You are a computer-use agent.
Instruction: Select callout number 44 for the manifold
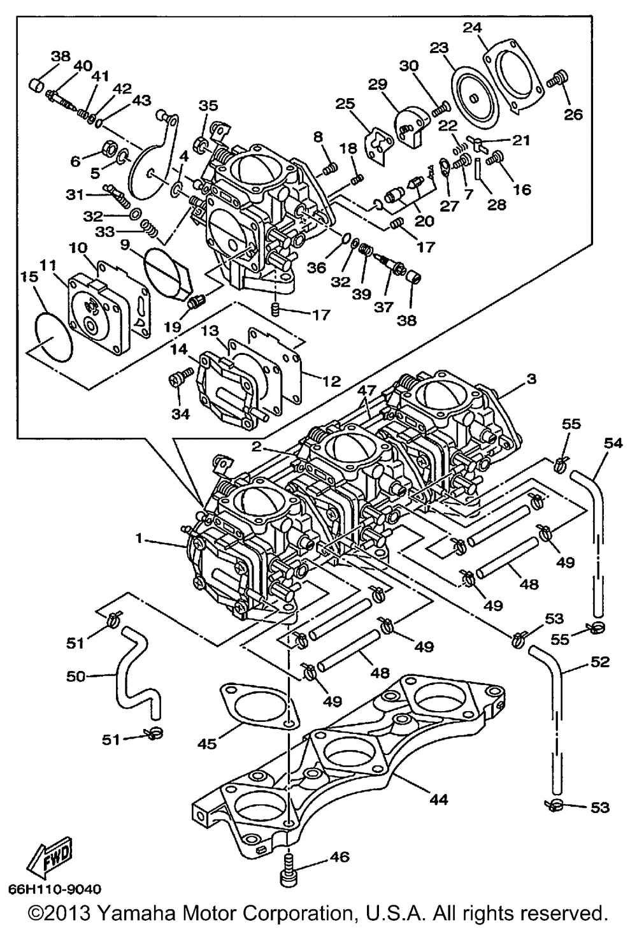(x=439, y=798)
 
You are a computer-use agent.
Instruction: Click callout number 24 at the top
(x=490, y=27)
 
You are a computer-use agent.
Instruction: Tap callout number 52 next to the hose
(x=600, y=662)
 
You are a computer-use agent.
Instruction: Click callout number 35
(x=208, y=106)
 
